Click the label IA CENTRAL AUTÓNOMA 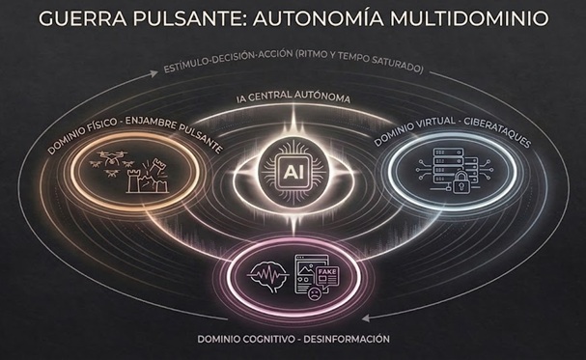click(292, 99)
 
